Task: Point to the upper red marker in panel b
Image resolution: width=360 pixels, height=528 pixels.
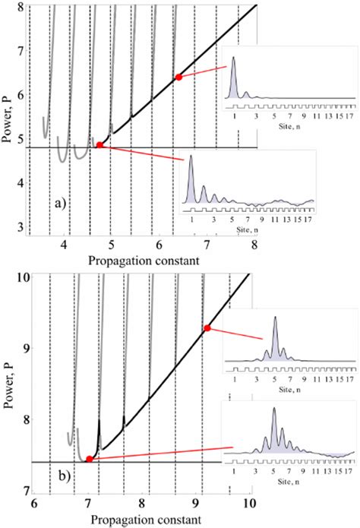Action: pos(207,328)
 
